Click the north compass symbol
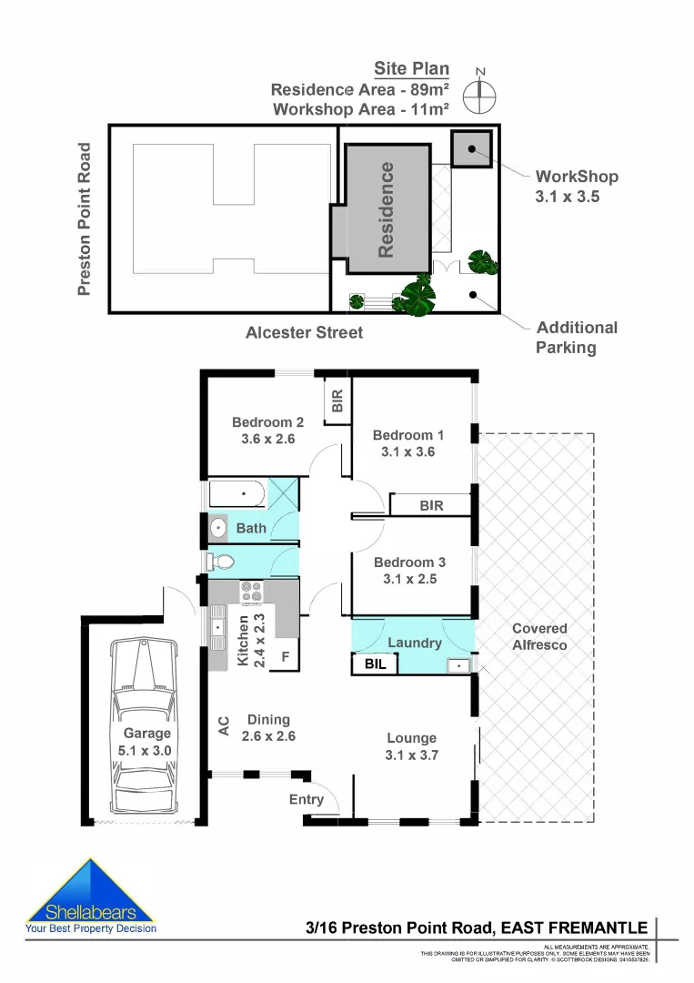point(480,93)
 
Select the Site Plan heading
point(411,69)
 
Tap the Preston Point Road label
point(85,219)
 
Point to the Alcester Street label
point(304,333)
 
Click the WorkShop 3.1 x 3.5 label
point(577,186)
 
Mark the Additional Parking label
point(577,337)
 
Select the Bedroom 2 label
point(267,421)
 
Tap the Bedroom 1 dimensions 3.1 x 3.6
point(408,451)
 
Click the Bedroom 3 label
point(409,562)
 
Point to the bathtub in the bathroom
point(237,494)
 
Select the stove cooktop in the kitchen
point(251,592)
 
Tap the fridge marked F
point(285,655)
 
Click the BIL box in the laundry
point(376,664)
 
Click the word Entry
point(307,799)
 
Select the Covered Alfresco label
point(538,636)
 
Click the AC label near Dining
point(223,726)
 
